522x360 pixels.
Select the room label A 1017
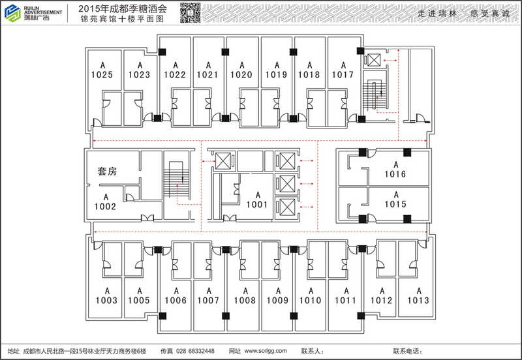click(x=343, y=70)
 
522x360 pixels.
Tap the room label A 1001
click(x=257, y=200)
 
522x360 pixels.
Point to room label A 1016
click(x=395, y=170)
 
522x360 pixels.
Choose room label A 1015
click(x=395, y=200)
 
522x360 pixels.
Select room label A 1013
click(x=418, y=295)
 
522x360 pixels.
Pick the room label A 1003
click(x=106, y=295)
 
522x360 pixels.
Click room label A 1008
click(x=245, y=295)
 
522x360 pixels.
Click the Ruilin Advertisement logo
click(x=33, y=12)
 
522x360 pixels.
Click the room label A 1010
click(x=311, y=295)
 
